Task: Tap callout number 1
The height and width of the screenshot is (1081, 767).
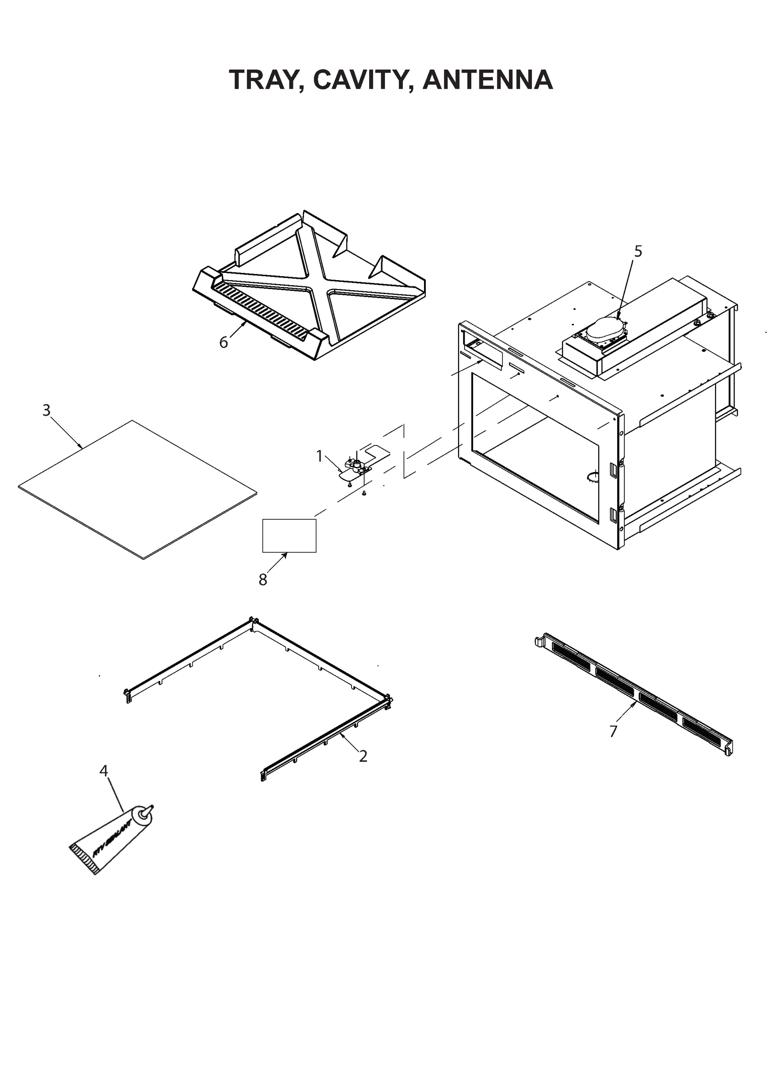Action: pyautogui.click(x=319, y=456)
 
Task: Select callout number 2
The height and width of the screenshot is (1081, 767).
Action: pyautogui.click(x=363, y=756)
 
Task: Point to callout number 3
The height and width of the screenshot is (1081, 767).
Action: pyautogui.click(x=46, y=410)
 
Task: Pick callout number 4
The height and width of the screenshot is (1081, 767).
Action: pyautogui.click(x=104, y=771)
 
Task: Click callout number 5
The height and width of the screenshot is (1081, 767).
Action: pyautogui.click(x=638, y=251)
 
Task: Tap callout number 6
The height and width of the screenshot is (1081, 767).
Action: pyautogui.click(x=223, y=342)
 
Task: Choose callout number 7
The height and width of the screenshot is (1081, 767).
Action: pyautogui.click(x=613, y=731)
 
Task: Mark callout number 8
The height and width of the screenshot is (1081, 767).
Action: pyautogui.click(x=262, y=580)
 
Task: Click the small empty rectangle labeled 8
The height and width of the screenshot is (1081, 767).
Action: pyautogui.click(x=289, y=535)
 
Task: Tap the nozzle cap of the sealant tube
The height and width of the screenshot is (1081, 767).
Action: pyautogui.click(x=146, y=813)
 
